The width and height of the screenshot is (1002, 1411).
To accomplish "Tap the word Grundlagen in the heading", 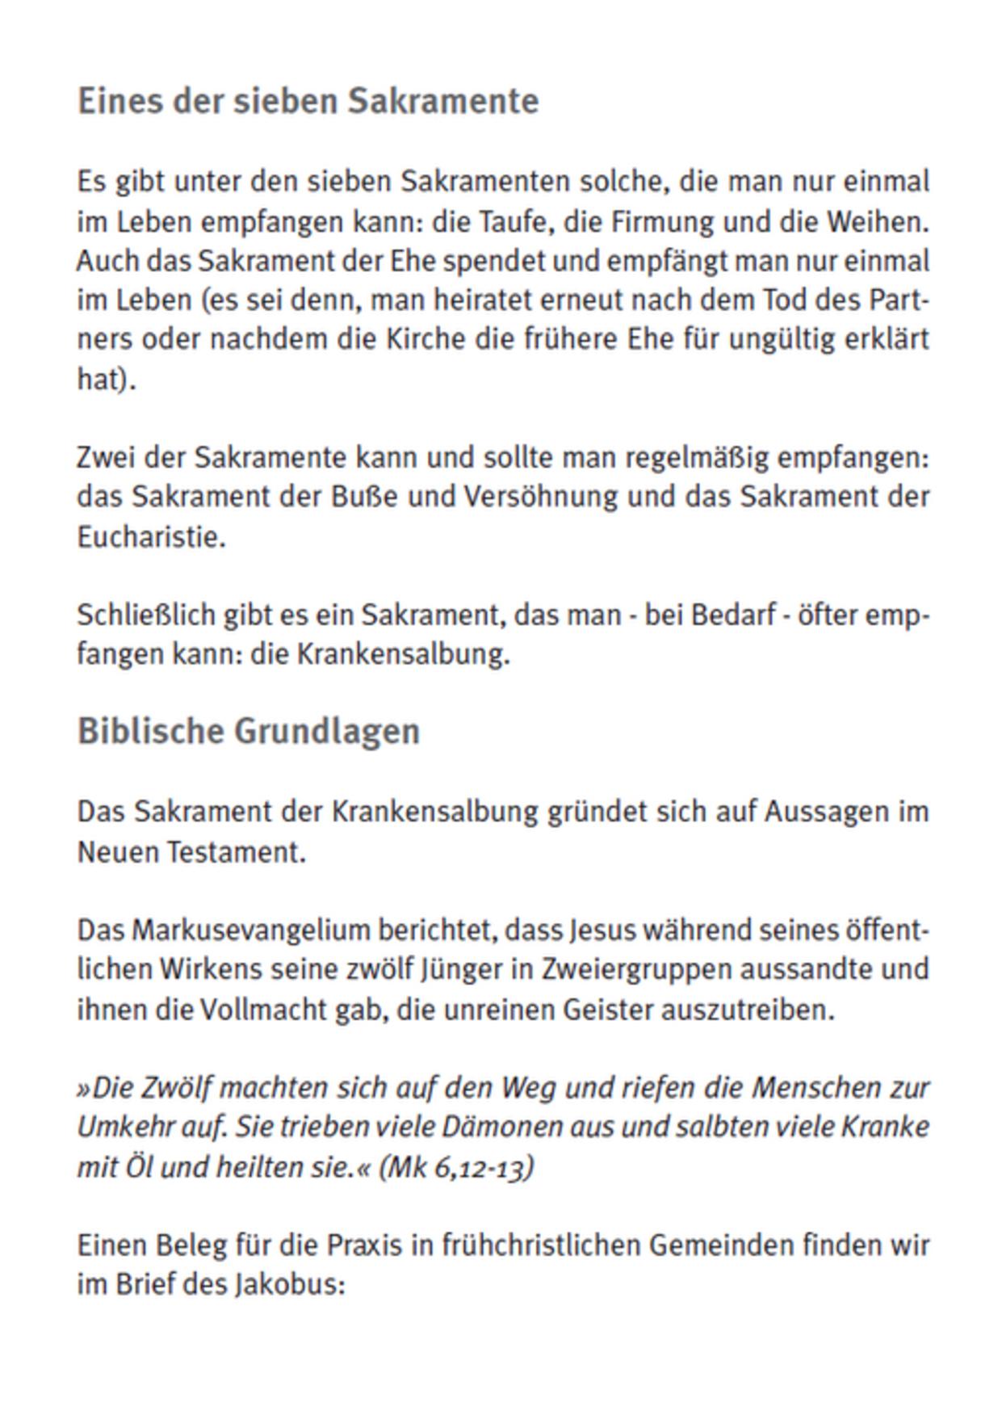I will (x=327, y=731).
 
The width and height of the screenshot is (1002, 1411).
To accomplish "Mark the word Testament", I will (x=236, y=852).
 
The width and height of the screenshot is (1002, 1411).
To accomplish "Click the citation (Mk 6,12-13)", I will (x=456, y=1167).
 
